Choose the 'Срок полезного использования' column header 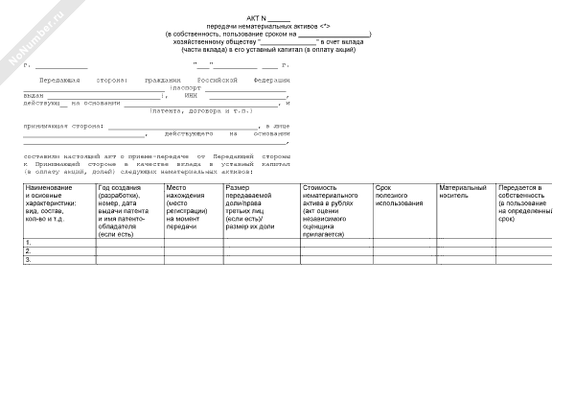click(399, 196)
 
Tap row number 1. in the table click(29, 242)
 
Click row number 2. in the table click(29, 250)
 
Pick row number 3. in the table click(29, 259)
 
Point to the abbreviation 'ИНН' click(190, 96)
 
